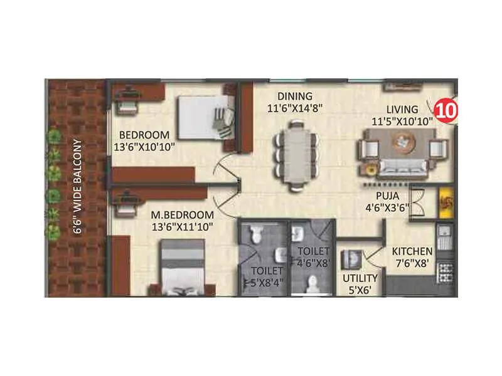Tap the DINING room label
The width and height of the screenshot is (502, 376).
(x=295, y=97)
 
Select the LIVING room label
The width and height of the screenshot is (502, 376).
(x=402, y=110)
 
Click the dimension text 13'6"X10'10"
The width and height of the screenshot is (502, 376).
(x=144, y=147)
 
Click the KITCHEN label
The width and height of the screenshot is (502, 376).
(x=412, y=251)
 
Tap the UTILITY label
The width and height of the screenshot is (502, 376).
(x=360, y=278)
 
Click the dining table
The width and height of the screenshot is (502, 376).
(x=295, y=154)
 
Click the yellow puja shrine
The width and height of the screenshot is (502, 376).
(x=446, y=202)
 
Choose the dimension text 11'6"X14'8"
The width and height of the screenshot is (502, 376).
(x=295, y=108)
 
